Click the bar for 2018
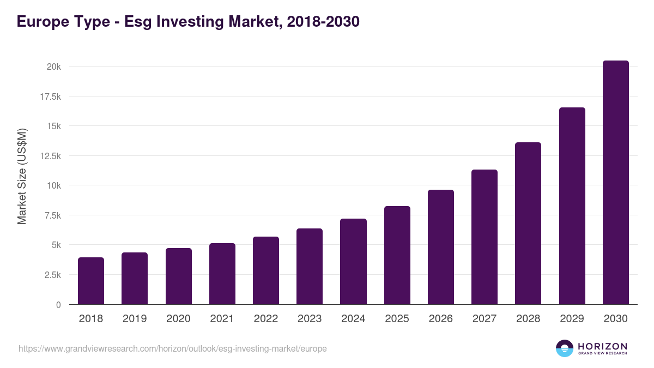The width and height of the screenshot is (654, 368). click(91, 281)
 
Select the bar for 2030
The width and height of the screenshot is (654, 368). click(615, 183)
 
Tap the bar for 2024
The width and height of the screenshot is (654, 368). click(353, 262)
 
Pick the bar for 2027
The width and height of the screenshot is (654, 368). click(485, 237)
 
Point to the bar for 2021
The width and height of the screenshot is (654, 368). click(222, 274)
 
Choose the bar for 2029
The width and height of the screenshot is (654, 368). click(572, 206)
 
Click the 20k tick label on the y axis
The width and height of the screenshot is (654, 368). click(53, 67)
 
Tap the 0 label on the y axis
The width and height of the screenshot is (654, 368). click(58, 305)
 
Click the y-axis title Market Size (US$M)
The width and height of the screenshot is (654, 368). click(22, 177)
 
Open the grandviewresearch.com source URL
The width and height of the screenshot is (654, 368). click(173, 348)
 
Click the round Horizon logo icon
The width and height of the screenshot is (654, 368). click(565, 348)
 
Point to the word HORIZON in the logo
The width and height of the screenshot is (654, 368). click(602, 346)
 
